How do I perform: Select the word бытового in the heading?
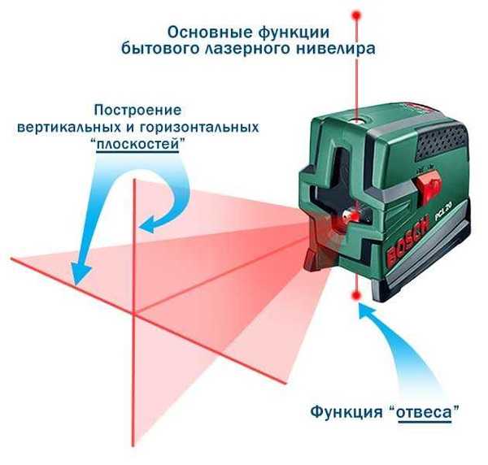tap(160, 49)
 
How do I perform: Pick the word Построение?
tap(138, 111)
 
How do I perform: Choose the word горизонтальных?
tap(199, 128)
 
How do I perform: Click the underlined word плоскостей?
tap(137, 145)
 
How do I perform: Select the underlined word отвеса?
tap(425, 412)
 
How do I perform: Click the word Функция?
tap(346, 412)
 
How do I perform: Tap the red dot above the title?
tap(357, 15)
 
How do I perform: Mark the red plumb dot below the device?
tap(356, 295)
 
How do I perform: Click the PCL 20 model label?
tap(442, 210)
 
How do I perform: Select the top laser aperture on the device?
tap(357, 120)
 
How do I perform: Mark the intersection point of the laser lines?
tap(135, 313)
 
